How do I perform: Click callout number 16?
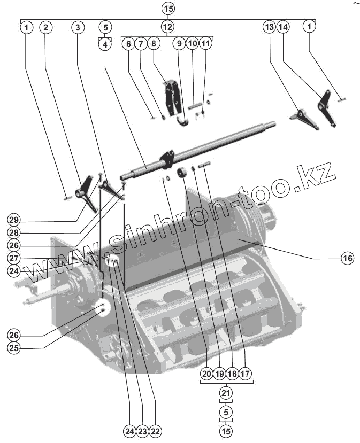348,259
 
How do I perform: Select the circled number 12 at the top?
167,27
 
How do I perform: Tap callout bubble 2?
46,27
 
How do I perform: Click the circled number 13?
269,27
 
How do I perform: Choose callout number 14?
284,27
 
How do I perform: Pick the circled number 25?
14,348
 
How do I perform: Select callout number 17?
245,374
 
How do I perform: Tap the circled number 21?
226,393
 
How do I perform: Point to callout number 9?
179,44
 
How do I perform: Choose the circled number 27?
14,258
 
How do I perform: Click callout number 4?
105,44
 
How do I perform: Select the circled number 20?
206,374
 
